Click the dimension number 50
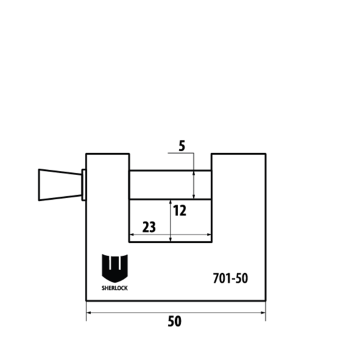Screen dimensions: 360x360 [x=175, y=321]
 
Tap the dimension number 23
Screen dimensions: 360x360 [x=149, y=227]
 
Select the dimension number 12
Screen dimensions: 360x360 [x=179, y=211]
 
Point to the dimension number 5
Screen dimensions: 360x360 [x=182, y=146]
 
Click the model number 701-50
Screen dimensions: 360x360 [x=230, y=278]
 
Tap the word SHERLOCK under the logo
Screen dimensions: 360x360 [x=115, y=288]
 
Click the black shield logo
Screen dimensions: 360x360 [x=115, y=268]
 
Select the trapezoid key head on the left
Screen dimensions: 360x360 [x=60, y=185]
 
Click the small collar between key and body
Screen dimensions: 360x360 [x=84, y=185]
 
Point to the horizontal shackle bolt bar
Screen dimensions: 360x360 [x=170, y=185]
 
